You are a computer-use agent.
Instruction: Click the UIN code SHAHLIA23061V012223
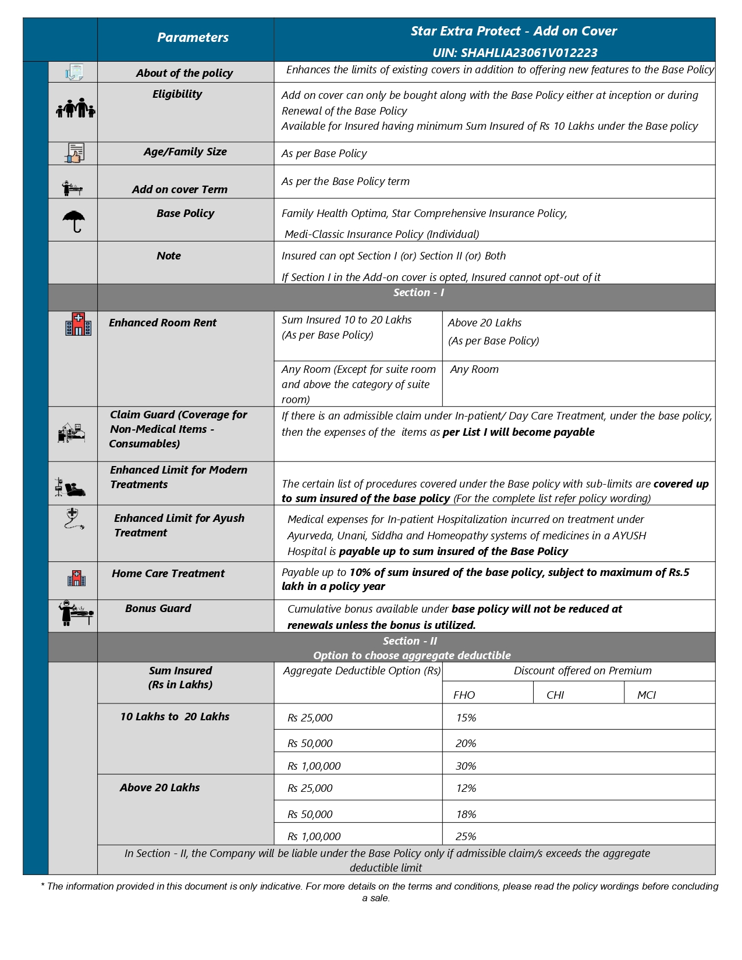[x=514, y=53]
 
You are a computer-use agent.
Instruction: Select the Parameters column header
[x=193, y=38]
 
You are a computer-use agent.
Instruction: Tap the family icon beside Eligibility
[x=76, y=108]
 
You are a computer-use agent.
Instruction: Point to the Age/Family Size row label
[x=185, y=152]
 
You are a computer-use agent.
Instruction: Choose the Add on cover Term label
[x=180, y=190]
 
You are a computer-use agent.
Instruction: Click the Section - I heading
[x=418, y=293]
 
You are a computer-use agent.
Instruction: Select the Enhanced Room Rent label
[x=162, y=323]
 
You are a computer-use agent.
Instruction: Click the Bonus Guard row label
[x=158, y=609]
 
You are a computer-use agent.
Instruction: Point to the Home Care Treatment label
[x=168, y=574]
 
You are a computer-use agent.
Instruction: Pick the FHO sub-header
[x=464, y=695]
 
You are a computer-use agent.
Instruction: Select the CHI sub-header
[x=555, y=695]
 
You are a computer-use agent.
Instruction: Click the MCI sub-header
[x=646, y=695]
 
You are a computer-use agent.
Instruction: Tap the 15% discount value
[x=466, y=718]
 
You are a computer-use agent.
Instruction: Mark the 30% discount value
[x=466, y=766]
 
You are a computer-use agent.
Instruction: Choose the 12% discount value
[x=466, y=788]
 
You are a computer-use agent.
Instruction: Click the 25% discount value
[x=466, y=837]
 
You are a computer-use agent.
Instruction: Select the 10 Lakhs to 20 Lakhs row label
[x=175, y=717]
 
